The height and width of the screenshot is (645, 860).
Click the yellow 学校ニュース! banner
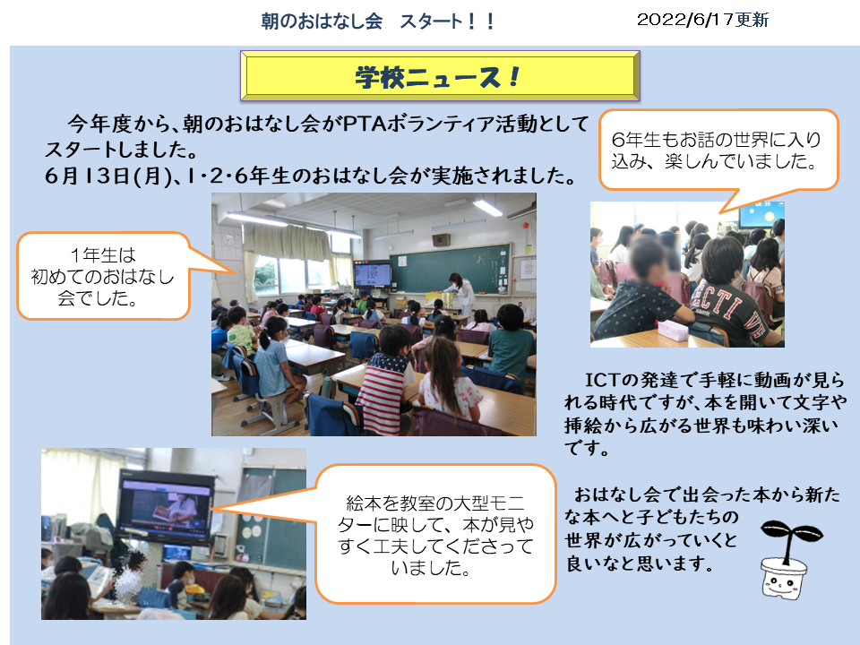pos(440,75)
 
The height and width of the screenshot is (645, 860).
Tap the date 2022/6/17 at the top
pos(685,20)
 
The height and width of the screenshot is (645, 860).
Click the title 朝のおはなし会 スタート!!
pos(378,21)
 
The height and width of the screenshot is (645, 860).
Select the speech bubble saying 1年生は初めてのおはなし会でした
pos(104,276)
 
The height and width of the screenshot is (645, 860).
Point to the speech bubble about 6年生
pos(718,150)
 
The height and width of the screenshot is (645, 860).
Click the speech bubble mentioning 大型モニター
pos(435,534)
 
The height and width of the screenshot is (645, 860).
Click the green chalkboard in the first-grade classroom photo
pos(451,269)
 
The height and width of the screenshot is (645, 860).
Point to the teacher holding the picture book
pos(460,292)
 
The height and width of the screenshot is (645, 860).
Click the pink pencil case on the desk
pos(673,331)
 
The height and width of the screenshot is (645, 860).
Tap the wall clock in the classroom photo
pos(228,240)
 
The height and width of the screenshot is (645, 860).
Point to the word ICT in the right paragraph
pos(602,380)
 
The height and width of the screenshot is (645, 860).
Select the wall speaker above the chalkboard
pos(441,240)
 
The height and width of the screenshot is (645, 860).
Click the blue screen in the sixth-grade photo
pos(761,214)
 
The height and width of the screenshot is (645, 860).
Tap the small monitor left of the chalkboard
pos(373,274)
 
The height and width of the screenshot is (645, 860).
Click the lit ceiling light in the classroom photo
pos(487,207)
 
